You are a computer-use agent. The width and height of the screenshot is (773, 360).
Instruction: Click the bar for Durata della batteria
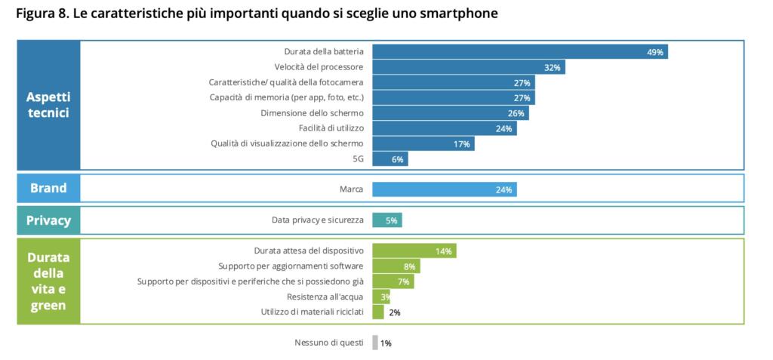click(x=519, y=51)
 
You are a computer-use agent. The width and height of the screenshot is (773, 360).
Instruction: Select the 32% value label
click(x=553, y=67)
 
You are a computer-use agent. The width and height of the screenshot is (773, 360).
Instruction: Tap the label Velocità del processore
click(x=319, y=67)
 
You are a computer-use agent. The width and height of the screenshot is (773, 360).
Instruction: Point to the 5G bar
click(x=390, y=159)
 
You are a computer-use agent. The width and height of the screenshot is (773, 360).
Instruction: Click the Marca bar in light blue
click(x=444, y=189)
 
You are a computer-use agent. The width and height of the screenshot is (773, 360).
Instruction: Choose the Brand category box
click(x=48, y=189)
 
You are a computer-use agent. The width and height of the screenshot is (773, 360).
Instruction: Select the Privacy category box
click(x=48, y=220)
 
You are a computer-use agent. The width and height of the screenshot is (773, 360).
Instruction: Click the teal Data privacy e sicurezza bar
click(x=386, y=220)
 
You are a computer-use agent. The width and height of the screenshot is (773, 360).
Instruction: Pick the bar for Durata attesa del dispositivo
click(x=414, y=251)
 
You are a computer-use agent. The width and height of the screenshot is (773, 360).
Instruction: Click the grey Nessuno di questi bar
click(x=374, y=343)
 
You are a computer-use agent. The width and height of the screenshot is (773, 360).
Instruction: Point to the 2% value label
click(x=394, y=312)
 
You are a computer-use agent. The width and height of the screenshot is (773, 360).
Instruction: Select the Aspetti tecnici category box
click(x=48, y=105)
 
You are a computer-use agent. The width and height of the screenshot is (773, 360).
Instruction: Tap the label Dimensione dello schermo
click(x=313, y=113)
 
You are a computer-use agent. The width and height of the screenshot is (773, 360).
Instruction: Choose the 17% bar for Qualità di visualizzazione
click(x=423, y=143)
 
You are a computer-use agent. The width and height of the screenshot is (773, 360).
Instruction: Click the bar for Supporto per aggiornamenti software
click(x=396, y=266)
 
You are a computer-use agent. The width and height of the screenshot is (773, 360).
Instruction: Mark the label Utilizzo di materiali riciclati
click(x=313, y=312)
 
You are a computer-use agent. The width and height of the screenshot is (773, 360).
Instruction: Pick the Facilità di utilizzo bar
click(x=444, y=128)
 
